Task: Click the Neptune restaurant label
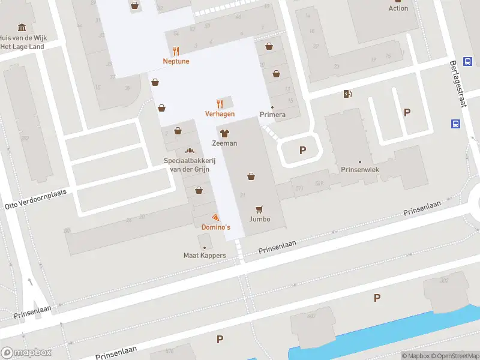coord(176,61)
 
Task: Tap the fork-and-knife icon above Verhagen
coord(220,103)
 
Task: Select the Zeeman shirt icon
coord(224,133)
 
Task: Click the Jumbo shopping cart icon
coord(260,209)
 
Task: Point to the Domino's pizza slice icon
coord(215,217)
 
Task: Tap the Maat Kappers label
coord(205,256)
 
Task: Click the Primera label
coord(272,115)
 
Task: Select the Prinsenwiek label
coord(360,170)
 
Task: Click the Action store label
coord(398,8)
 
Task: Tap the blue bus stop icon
coord(455,124)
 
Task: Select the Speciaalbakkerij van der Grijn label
coord(190,164)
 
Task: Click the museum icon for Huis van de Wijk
coord(22,28)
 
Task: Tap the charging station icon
coord(347,94)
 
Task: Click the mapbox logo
coord(26,353)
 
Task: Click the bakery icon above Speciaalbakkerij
coord(190,151)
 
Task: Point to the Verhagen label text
coord(220,114)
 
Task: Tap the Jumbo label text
coord(260,219)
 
